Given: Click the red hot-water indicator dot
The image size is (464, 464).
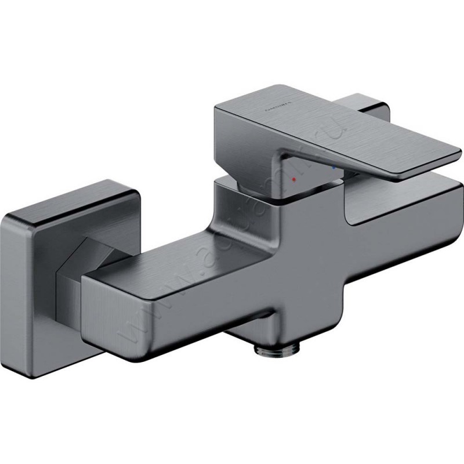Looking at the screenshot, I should (x=294, y=180).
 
